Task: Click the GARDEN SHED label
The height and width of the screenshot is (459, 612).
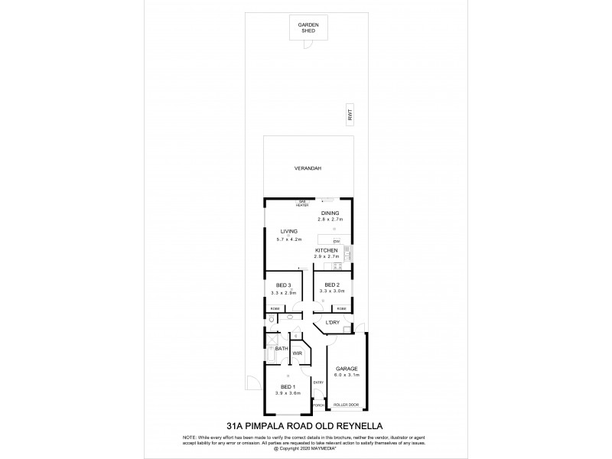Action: coord(308,28)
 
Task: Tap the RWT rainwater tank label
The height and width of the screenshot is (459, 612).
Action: coord(350,115)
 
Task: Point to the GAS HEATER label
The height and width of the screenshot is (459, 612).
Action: coord(302,204)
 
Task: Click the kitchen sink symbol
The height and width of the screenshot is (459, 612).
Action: coord(347,251)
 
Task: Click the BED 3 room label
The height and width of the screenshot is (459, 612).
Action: coord(283,285)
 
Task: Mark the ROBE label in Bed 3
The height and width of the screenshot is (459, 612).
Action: coord(273,308)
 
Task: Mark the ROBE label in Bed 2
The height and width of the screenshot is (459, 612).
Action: coord(341,308)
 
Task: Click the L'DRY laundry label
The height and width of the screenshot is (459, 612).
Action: coord(333,322)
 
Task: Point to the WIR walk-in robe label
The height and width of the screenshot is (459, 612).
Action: coord(298,353)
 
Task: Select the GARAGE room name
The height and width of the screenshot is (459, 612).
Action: coord(347,369)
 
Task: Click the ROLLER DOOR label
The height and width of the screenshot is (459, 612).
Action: coord(347,403)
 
